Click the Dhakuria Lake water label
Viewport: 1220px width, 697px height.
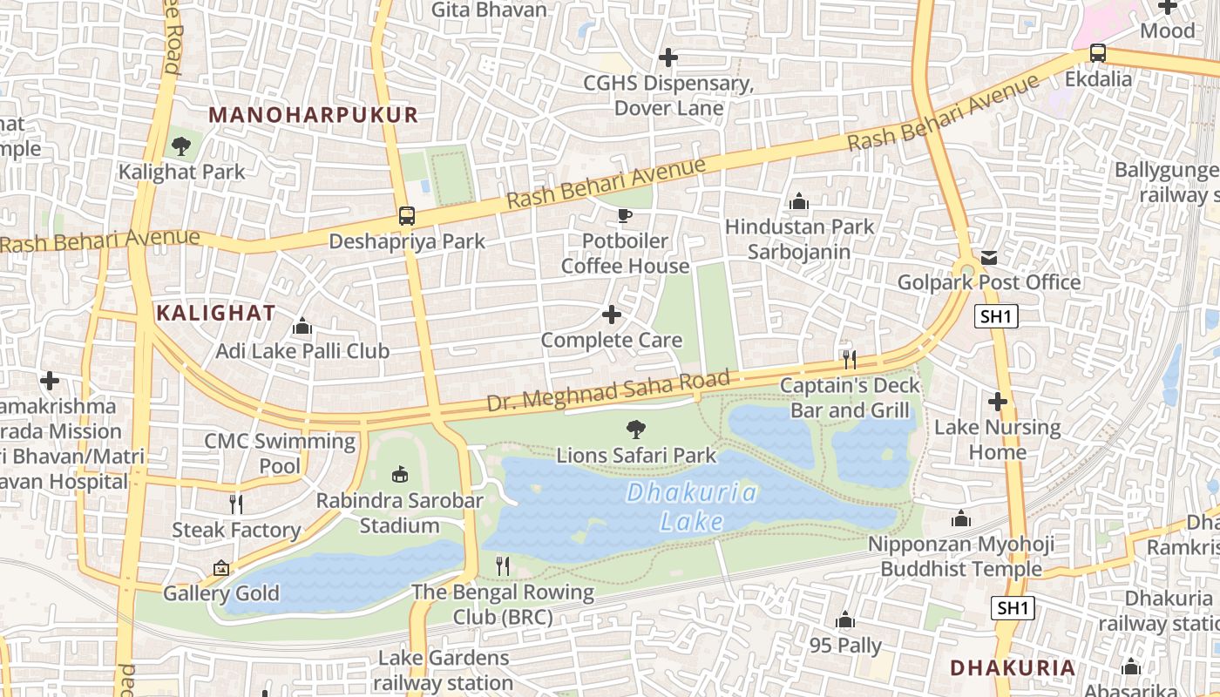pos(692,507)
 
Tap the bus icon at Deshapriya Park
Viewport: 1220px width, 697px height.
pos(406,215)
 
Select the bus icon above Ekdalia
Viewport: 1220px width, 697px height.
pos(1098,53)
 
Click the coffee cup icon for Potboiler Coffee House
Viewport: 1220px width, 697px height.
pos(625,215)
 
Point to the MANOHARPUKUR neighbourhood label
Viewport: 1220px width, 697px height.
pos(314,115)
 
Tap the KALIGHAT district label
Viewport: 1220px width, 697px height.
pos(215,313)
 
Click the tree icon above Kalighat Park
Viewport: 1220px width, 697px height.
pos(181,146)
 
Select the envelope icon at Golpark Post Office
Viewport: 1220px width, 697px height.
pos(989,258)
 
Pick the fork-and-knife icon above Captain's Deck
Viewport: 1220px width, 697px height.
pos(849,359)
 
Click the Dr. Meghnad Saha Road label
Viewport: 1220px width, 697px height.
pos(607,391)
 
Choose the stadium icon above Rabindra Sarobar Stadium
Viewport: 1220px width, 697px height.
pos(400,475)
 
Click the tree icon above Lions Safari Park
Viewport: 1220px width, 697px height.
pos(636,429)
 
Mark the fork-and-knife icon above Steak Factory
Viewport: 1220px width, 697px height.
pos(235,504)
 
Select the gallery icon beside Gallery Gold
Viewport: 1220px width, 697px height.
pos(221,568)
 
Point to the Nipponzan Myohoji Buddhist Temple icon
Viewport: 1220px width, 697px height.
pos(961,519)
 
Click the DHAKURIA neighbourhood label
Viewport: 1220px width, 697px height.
pos(1012,668)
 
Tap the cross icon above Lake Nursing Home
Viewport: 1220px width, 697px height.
pos(998,402)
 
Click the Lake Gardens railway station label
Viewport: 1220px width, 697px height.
pos(443,670)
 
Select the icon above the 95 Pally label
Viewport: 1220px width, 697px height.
pos(844,620)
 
